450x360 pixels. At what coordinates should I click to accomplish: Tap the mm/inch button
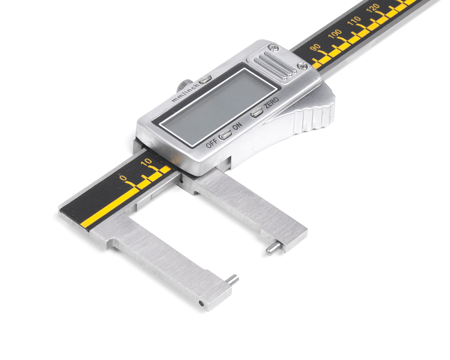(x=205, y=79)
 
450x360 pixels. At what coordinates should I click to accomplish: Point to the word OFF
(x=212, y=143)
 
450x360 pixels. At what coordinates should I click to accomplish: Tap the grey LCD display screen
(x=218, y=107)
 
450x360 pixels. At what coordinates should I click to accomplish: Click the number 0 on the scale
(x=123, y=178)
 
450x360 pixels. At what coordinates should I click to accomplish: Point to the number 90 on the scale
(x=315, y=48)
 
